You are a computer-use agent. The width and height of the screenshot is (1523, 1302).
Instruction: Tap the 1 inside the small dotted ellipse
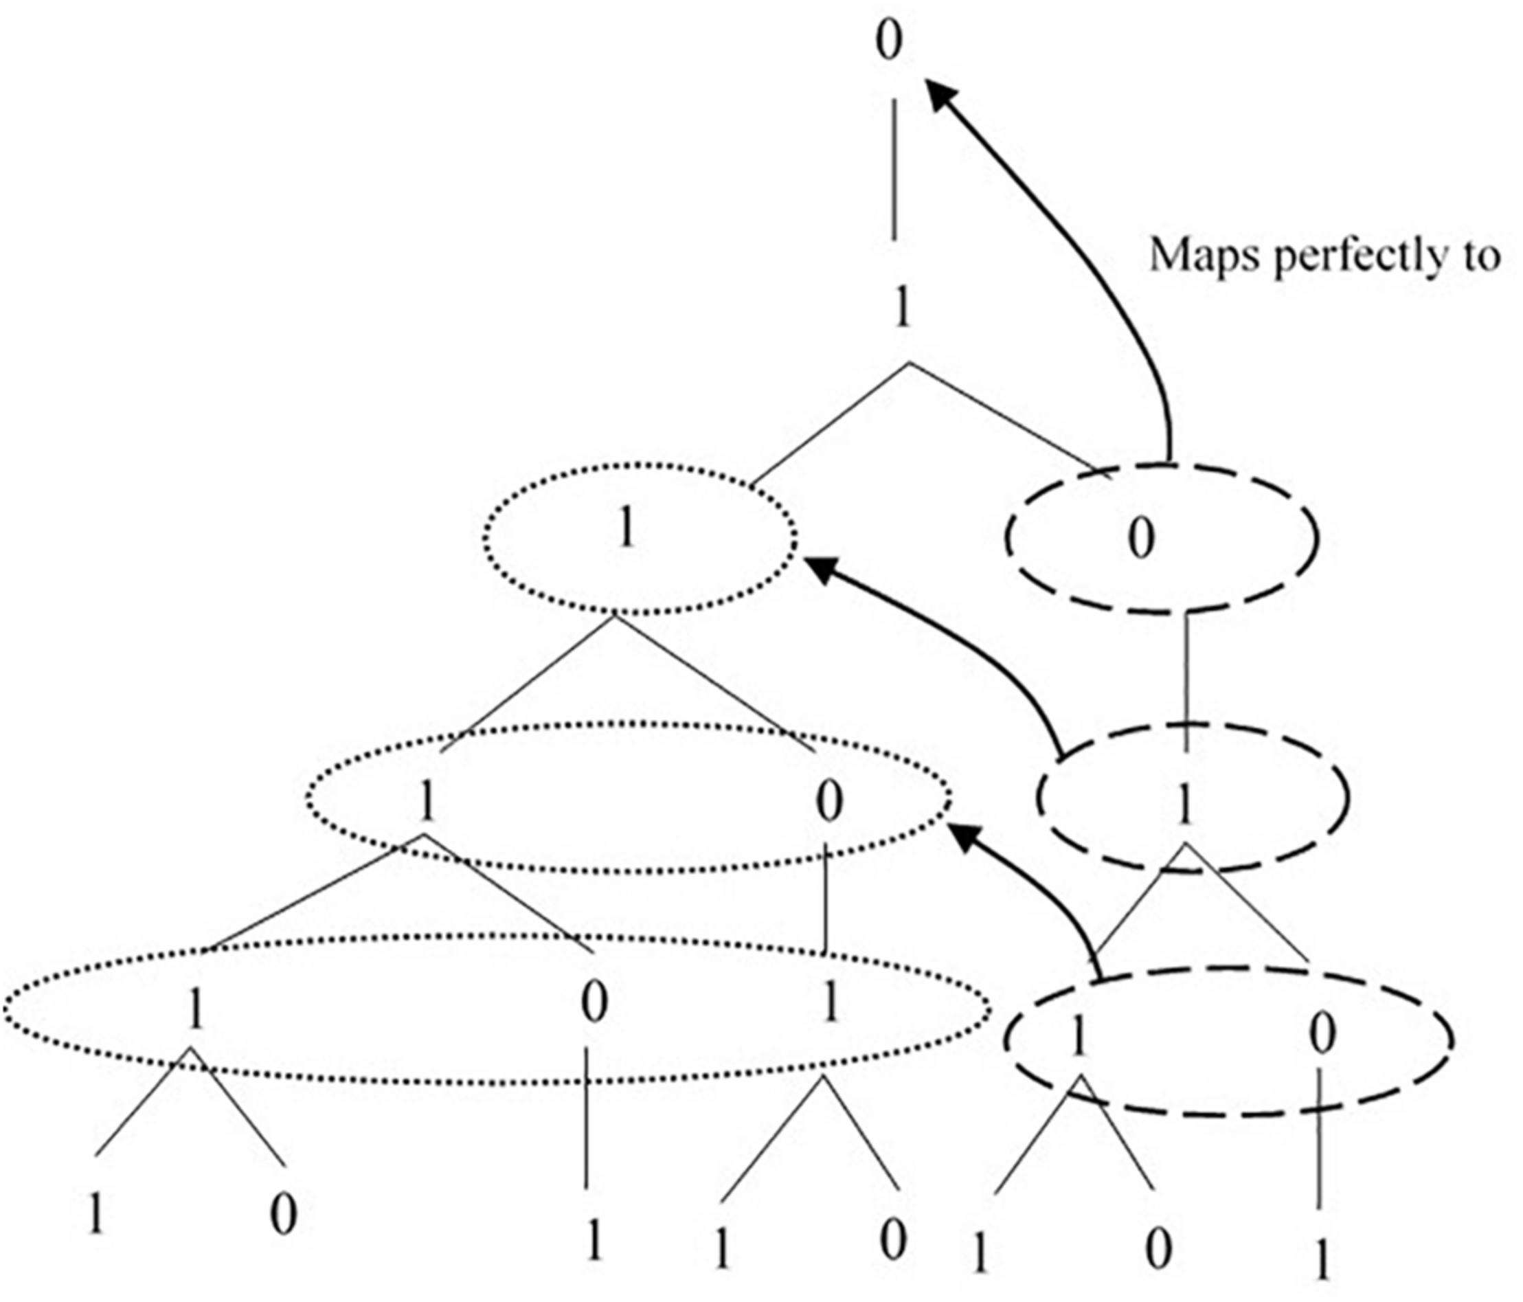pyautogui.click(x=626, y=529)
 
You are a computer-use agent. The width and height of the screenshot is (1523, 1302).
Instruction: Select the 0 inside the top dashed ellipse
pyautogui.click(x=1141, y=539)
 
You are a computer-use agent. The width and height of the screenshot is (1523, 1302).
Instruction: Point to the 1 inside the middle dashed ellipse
pyautogui.click(x=1184, y=805)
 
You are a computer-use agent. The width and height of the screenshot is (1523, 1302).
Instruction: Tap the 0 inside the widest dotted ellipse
pyautogui.click(x=594, y=1004)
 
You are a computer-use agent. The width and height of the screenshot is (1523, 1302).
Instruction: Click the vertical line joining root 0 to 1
pyautogui.click(x=894, y=169)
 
